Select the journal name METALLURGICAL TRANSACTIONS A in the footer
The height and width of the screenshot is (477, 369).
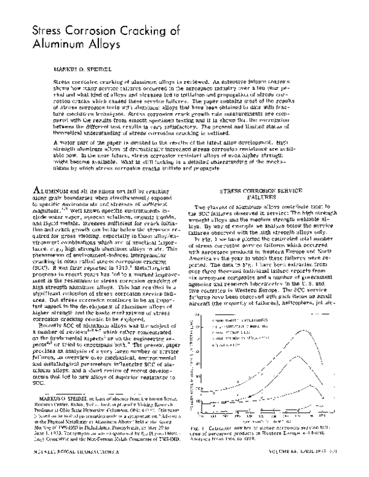coord(71,468)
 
